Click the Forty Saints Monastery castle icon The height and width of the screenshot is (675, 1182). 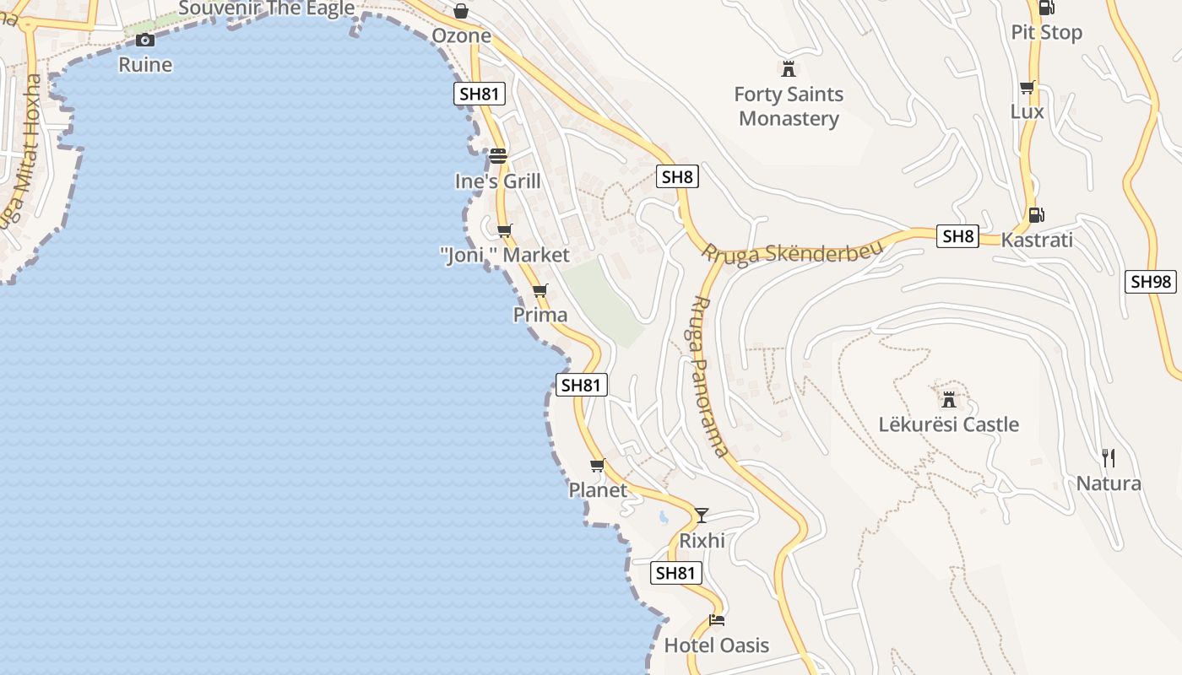[789, 68]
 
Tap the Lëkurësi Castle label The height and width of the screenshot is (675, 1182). [949, 424]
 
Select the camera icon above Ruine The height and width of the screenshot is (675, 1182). [145, 40]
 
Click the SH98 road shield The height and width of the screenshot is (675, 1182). [1151, 282]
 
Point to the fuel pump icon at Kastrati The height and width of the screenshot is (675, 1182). [1036, 215]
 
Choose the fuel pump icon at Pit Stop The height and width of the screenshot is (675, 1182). [1046, 8]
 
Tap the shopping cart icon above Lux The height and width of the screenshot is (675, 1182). [1027, 88]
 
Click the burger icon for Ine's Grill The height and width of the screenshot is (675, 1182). [497, 156]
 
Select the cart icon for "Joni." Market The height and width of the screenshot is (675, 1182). [504, 230]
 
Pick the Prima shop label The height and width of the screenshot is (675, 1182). [540, 315]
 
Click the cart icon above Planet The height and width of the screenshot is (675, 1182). [598, 465]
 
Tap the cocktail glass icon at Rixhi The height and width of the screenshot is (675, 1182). [702, 515]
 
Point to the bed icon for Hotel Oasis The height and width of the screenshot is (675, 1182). [717, 620]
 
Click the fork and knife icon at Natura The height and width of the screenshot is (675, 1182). [1109, 458]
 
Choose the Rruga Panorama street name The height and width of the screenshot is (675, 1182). [708, 375]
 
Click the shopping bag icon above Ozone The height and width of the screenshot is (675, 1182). [461, 11]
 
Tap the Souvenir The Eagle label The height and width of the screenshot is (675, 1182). [267, 9]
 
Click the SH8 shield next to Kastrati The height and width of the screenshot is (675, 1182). [958, 236]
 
